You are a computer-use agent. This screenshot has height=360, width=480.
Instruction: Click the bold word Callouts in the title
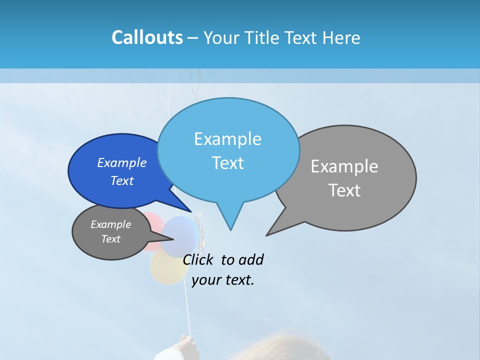click(147, 37)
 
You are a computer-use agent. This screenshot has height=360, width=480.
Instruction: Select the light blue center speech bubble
click(228, 150)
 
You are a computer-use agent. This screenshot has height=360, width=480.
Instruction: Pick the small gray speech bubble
click(111, 232)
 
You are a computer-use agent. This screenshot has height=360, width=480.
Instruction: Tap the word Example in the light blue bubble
click(227, 139)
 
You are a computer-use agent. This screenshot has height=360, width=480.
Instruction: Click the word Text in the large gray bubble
click(344, 190)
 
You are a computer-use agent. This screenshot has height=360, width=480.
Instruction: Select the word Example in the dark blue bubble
click(122, 163)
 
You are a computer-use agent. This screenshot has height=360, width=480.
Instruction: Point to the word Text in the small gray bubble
click(111, 239)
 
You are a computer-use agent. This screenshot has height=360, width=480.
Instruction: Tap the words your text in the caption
click(222, 280)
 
